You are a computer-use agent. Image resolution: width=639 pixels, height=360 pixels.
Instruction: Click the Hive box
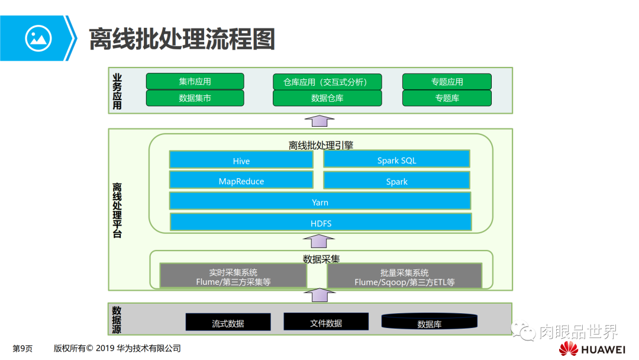[x=241, y=160]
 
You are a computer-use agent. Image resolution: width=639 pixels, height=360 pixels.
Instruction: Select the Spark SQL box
[x=396, y=159]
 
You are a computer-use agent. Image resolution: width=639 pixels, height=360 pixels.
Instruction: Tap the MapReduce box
[x=241, y=181]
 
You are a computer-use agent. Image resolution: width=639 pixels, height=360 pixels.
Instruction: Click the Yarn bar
[x=320, y=201]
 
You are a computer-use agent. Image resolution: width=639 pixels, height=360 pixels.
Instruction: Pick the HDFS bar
[x=321, y=223]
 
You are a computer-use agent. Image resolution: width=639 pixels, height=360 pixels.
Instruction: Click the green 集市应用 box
[x=195, y=82]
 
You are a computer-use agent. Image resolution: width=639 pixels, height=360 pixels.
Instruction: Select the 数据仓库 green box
[x=327, y=98]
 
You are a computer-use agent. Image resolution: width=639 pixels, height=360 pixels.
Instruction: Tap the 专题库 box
[x=447, y=98]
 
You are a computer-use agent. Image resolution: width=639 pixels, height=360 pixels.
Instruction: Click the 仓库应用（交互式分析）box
[x=327, y=82]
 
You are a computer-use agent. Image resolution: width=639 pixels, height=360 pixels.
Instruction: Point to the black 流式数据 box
[x=228, y=323]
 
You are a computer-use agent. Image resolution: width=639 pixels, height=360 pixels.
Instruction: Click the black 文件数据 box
[x=326, y=322]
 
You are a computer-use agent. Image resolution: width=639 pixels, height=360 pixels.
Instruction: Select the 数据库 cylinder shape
[x=429, y=322]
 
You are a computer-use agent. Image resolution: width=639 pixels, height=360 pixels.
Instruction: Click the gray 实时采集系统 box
[x=233, y=277]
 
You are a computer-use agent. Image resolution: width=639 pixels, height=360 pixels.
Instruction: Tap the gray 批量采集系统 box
[x=404, y=277]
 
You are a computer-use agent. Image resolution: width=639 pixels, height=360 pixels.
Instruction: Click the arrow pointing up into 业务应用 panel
[x=319, y=121]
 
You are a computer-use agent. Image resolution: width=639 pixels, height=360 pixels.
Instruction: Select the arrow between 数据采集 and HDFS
[x=319, y=241]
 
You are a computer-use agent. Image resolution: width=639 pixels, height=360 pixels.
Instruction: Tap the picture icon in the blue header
[x=38, y=38]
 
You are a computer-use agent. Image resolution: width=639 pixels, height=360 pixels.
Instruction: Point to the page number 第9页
[x=22, y=348]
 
